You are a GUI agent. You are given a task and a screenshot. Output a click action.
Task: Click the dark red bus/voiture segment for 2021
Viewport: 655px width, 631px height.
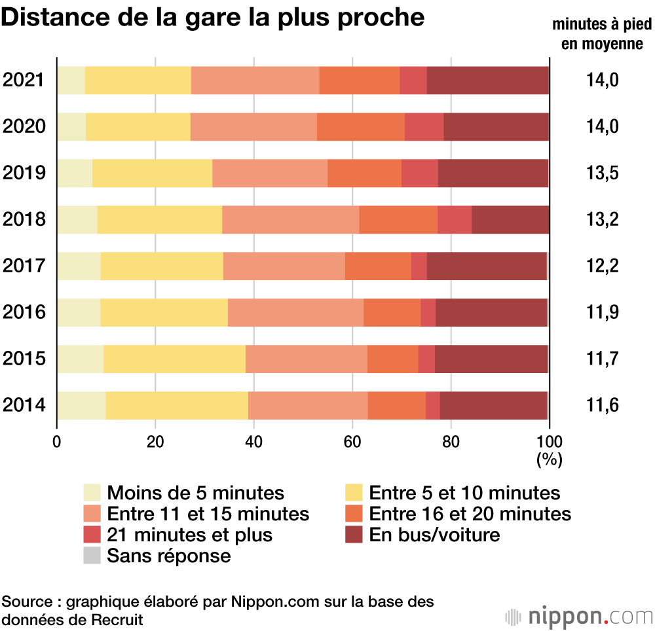pyautogui.click(x=488, y=81)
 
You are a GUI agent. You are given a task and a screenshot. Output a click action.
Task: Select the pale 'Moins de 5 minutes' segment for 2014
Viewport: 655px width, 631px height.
pyautogui.click(x=81, y=406)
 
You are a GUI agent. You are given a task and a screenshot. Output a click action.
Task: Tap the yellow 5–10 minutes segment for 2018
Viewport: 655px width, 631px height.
pyautogui.click(x=159, y=219)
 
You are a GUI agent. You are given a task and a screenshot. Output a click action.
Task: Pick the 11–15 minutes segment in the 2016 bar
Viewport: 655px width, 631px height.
pyautogui.click(x=295, y=312)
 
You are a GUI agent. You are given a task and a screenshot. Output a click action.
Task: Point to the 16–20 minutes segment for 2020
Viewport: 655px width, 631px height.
pyautogui.click(x=361, y=126)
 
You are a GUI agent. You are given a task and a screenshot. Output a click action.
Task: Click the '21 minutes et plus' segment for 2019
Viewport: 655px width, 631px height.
pyautogui.click(x=420, y=173)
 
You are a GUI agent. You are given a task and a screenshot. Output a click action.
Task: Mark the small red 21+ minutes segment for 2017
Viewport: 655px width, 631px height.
pyautogui.click(x=419, y=266)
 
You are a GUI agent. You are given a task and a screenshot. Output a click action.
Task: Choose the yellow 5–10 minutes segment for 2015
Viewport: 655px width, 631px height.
pyautogui.click(x=174, y=359)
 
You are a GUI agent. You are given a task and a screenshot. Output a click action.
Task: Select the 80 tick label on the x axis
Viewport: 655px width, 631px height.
pyautogui.click(x=451, y=441)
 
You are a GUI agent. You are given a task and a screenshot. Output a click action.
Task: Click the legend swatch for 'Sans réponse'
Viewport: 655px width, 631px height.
pyautogui.click(x=92, y=556)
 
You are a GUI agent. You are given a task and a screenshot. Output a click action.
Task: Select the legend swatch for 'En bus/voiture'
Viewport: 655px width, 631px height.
pyautogui.click(x=354, y=535)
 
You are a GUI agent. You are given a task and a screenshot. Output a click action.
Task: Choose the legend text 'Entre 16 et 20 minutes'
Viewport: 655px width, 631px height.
pyautogui.click(x=470, y=513)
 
